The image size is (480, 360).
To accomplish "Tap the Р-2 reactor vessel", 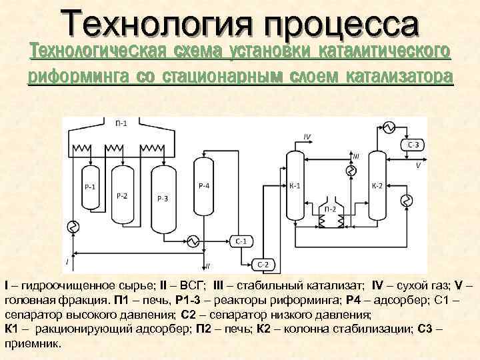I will pyautogui.click(x=122, y=196).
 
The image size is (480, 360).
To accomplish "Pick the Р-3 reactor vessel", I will pyautogui.click(x=163, y=199).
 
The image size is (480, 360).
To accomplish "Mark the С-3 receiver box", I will pyautogui.click(x=413, y=145).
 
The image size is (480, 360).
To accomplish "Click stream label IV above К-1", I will pyautogui.click(x=307, y=136).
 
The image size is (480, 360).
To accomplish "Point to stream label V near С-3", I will pyautogui.click(x=418, y=165).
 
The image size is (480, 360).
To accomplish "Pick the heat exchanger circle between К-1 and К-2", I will pyautogui.click(x=349, y=171).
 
